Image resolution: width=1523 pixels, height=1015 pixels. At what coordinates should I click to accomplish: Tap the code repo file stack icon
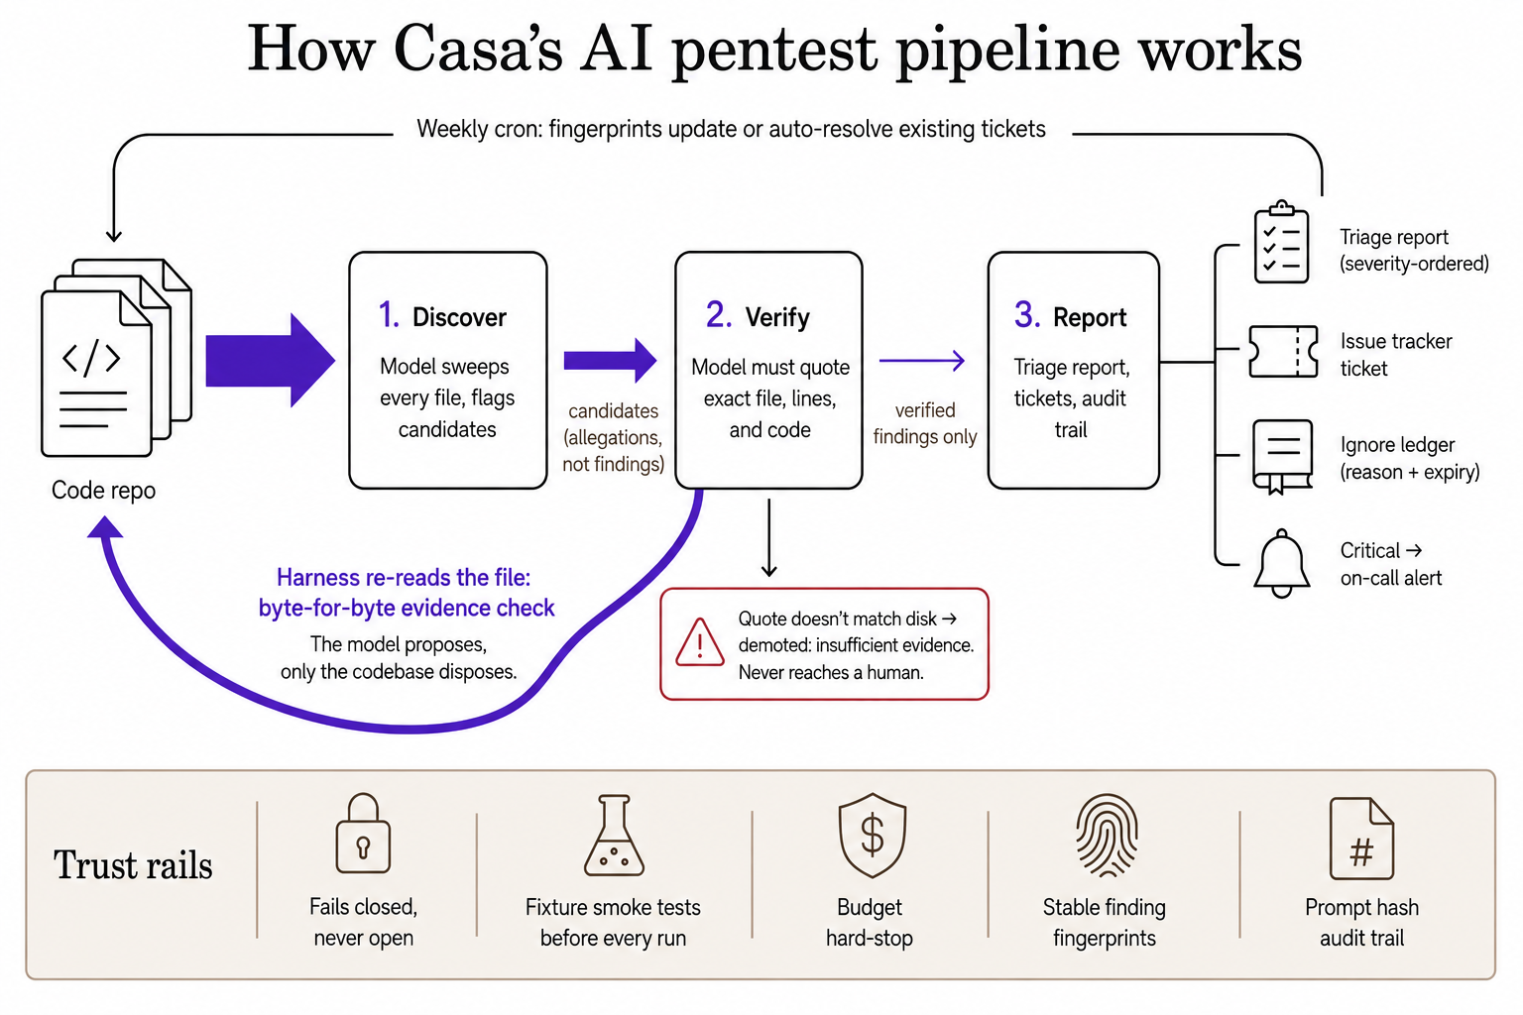click(116, 358)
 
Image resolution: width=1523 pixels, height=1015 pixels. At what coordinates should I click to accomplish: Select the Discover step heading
click(442, 316)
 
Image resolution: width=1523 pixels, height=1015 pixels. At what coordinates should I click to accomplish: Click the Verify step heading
click(759, 316)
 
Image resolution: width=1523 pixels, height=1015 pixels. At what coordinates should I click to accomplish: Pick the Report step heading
click(1070, 316)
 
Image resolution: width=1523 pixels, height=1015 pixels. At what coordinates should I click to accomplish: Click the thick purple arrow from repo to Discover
click(270, 361)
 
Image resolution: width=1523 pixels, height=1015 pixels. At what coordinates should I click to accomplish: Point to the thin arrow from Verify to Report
click(922, 361)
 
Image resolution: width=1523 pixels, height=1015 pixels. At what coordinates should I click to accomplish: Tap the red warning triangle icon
click(700, 642)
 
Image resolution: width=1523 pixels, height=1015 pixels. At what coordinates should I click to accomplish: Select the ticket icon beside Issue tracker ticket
click(1283, 352)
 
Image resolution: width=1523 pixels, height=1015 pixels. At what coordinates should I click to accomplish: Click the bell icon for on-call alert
click(1282, 564)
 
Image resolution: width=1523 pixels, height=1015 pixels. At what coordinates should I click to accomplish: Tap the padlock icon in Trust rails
click(363, 833)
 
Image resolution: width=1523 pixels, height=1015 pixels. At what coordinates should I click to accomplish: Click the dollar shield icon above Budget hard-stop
click(873, 835)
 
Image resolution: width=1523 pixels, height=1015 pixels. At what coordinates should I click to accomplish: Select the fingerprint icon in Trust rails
click(1107, 835)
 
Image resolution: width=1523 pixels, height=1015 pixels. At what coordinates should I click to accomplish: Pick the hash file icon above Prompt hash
click(1361, 839)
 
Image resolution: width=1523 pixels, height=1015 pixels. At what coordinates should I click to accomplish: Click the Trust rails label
click(133, 864)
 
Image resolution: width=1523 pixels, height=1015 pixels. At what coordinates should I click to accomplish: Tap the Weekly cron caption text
click(731, 129)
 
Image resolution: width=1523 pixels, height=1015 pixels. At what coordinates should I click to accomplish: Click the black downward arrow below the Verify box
click(769, 538)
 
